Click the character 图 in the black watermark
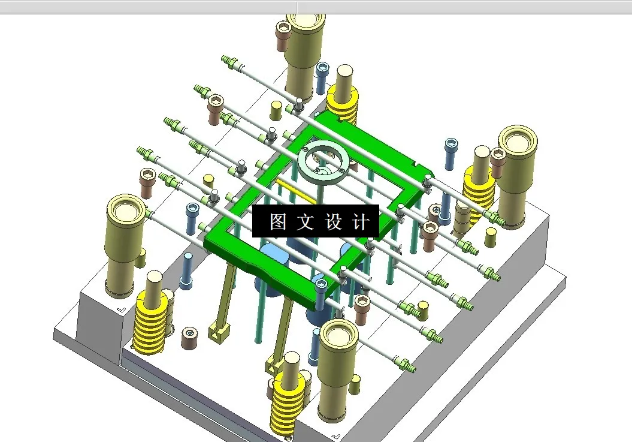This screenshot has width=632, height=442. pyautogui.click(x=277, y=222)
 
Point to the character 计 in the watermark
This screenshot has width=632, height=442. pyautogui.click(x=360, y=222)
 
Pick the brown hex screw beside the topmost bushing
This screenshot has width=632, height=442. pyautogui.click(x=283, y=36)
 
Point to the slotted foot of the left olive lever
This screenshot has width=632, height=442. pyautogui.click(x=220, y=329)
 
